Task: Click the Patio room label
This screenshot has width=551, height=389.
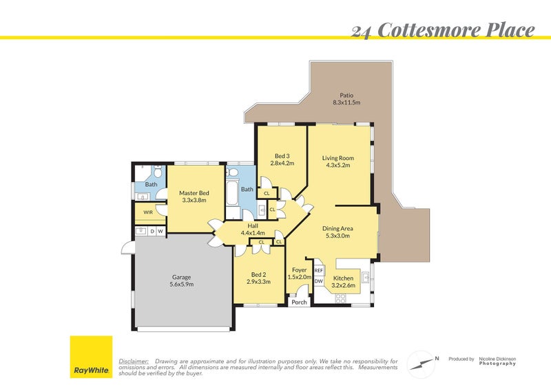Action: [x=346, y=99]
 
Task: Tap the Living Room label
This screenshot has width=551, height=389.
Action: [x=337, y=162]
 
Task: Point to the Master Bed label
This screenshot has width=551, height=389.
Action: [x=194, y=197]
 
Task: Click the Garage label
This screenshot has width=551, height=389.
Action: [x=181, y=281]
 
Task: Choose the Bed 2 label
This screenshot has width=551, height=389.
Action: [x=258, y=277]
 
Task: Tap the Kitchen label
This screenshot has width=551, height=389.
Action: [x=342, y=282]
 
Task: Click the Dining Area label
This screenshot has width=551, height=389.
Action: [x=337, y=232]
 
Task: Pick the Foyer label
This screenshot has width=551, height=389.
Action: [x=299, y=273]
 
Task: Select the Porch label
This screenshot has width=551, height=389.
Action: [x=299, y=302]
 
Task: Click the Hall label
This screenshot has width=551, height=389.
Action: [x=253, y=229]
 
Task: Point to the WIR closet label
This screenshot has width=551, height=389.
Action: [x=148, y=212]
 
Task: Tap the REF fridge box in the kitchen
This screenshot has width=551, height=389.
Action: [x=319, y=271]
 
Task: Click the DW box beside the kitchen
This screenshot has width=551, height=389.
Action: [x=319, y=282]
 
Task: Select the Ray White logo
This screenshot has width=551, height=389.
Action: [x=91, y=357]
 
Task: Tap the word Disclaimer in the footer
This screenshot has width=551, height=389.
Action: [x=134, y=361]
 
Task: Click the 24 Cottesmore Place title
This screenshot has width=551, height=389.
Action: [x=443, y=30]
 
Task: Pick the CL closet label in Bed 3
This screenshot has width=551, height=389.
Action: [x=267, y=193]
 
